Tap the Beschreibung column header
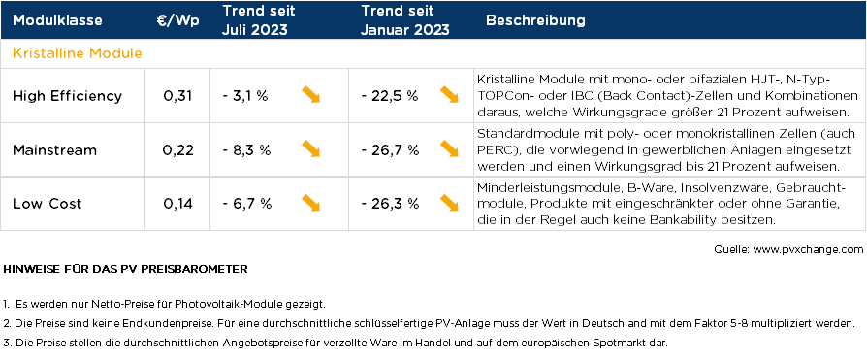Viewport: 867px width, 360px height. point(534,20)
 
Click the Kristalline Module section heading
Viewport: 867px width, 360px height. point(78,52)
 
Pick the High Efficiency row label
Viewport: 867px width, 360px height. point(67,95)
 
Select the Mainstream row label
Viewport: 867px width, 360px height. point(55,149)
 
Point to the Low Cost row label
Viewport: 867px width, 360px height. point(48,203)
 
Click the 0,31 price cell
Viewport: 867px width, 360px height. point(177,95)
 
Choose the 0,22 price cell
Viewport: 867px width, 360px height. point(177,149)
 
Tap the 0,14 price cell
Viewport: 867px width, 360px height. point(177,203)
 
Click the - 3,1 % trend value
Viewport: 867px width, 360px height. point(245,95)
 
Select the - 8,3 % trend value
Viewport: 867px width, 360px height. point(245,149)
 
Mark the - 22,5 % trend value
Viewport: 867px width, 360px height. point(389,95)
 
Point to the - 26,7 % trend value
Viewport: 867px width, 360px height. point(389,149)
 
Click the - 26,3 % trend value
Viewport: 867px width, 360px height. point(389,203)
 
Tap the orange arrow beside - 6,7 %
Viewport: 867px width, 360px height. point(310,202)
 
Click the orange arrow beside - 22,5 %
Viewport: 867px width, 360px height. point(449,94)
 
